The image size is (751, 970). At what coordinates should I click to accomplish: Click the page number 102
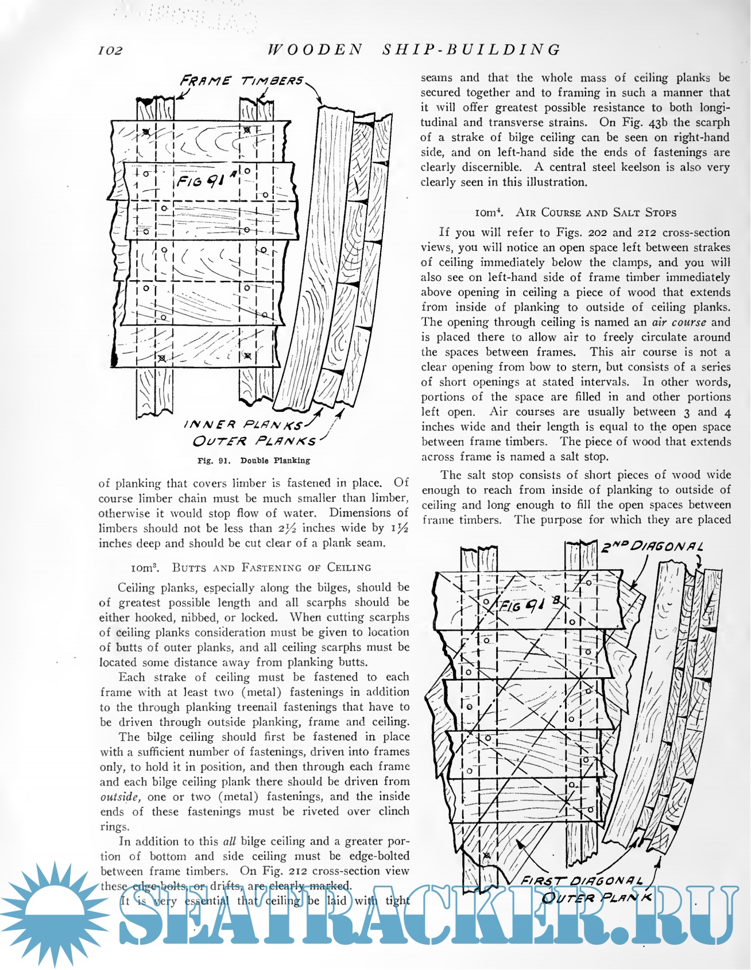(111, 51)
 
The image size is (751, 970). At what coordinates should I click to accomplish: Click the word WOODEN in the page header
(315, 50)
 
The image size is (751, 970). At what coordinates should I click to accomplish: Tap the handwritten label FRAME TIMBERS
(242, 81)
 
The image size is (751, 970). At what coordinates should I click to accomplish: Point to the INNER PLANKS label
(243, 425)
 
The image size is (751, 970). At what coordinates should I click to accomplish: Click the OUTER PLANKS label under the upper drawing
(254, 442)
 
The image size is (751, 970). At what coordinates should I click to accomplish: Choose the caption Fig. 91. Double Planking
(253, 461)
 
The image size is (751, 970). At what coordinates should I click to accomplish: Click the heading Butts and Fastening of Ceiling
(251, 568)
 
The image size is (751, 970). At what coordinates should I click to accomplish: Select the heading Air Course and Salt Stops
(576, 212)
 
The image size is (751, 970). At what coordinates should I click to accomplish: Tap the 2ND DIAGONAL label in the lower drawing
(652, 547)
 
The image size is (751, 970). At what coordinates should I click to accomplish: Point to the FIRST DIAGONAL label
(581, 881)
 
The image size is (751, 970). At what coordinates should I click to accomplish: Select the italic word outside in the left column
(120, 797)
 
